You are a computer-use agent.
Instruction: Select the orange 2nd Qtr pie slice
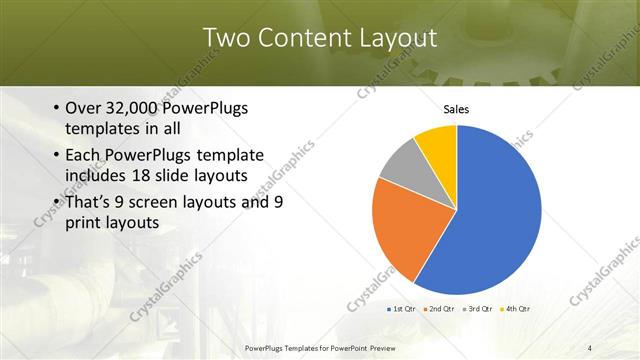(x=400, y=225)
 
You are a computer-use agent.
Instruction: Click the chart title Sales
(x=456, y=110)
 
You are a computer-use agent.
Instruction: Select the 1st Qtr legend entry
(x=403, y=309)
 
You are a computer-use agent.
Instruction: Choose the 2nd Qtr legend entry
(x=441, y=309)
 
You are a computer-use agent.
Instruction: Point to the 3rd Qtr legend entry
(x=478, y=309)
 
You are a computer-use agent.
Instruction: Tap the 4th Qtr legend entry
(x=515, y=309)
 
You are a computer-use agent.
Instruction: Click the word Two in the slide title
(x=228, y=39)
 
